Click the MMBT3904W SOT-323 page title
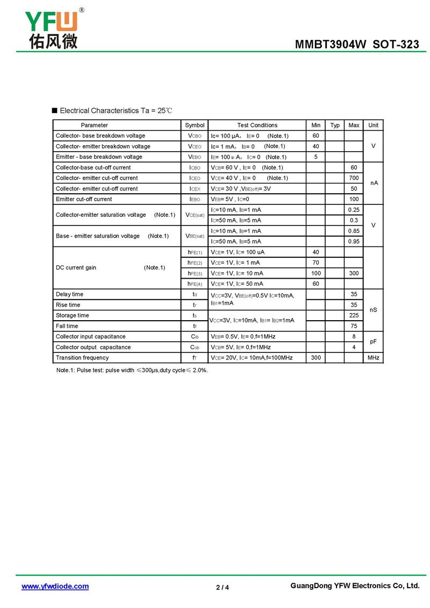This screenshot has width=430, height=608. (x=357, y=45)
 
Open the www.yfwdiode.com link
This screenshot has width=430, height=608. (x=55, y=586)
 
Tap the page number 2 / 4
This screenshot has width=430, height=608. (x=223, y=587)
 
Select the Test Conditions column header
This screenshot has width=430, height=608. (x=257, y=125)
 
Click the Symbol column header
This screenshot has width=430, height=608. (x=195, y=125)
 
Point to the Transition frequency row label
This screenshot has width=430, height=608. (x=82, y=358)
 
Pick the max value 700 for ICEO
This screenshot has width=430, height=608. (x=354, y=178)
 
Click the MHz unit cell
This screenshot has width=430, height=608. (x=373, y=358)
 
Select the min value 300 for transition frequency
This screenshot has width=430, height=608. (x=316, y=358)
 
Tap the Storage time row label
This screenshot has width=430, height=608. (x=73, y=315)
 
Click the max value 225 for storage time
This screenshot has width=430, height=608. (x=354, y=315)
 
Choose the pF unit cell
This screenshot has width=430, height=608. (x=373, y=342)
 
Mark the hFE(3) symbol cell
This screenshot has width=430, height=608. (x=195, y=273)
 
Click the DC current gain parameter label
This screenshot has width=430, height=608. (x=76, y=268)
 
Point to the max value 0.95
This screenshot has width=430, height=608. (x=354, y=242)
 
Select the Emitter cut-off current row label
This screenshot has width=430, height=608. (x=84, y=199)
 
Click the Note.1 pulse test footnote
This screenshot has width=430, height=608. (x=132, y=370)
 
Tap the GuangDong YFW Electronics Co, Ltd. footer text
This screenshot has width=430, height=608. (x=354, y=585)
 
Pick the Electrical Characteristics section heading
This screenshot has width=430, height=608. (x=116, y=111)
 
